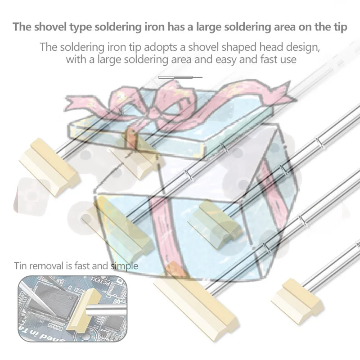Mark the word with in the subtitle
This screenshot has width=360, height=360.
(76, 59)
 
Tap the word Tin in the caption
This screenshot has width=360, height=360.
(20, 265)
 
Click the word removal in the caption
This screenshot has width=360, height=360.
(46, 265)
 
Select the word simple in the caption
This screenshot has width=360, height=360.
(125, 266)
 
